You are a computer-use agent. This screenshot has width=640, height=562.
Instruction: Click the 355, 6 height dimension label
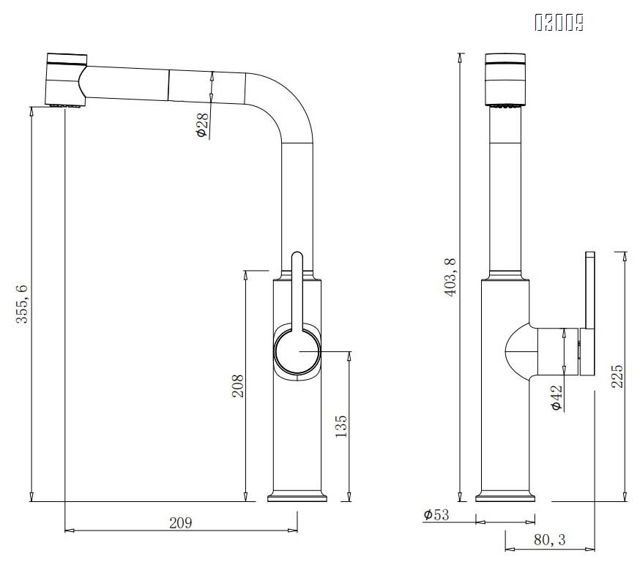click(22, 304)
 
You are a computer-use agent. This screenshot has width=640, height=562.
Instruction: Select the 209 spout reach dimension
click(180, 522)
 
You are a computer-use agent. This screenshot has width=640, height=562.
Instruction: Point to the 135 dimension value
click(342, 425)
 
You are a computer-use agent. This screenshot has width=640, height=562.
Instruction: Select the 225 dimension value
click(617, 377)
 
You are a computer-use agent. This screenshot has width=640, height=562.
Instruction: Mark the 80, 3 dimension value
click(549, 540)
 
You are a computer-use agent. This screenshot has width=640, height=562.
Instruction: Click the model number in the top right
click(559, 24)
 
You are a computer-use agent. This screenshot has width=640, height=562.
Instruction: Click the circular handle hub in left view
click(297, 352)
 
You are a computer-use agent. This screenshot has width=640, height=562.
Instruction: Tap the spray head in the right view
click(504, 79)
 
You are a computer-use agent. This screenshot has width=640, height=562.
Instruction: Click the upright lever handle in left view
click(297, 293)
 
